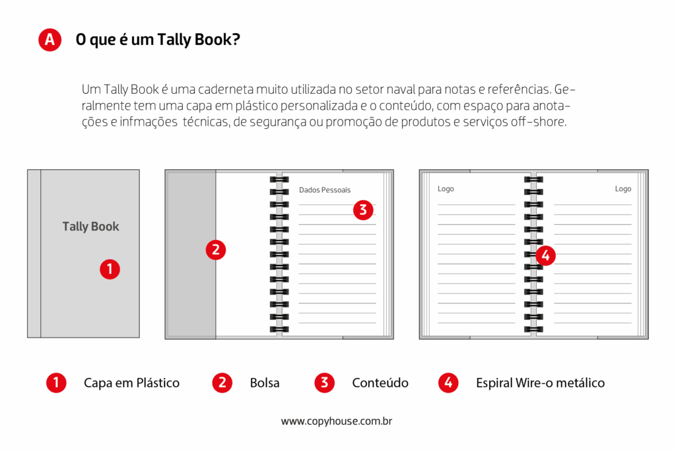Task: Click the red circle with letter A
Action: pyautogui.click(x=50, y=40)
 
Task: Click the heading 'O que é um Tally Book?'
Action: pyautogui.click(x=158, y=40)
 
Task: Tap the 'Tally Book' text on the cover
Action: pyautogui.click(x=90, y=227)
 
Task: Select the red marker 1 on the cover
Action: pyautogui.click(x=110, y=269)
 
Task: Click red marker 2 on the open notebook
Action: pyautogui.click(x=216, y=250)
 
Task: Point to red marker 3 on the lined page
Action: pyautogui.click(x=363, y=210)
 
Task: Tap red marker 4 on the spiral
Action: pyautogui.click(x=545, y=256)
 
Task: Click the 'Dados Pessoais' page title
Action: pyautogui.click(x=325, y=190)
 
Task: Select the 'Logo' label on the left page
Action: pyautogui.click(x=446, y=189)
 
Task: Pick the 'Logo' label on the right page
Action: pyautogui.click(x=623, y=189)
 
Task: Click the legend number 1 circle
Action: pyautogui.click(x=56, y=383)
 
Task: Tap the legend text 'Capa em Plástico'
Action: pyautogui.click(x=131, y=383)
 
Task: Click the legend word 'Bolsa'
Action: pyautogui.click(x=265, y=383)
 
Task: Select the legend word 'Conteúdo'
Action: pyautogui.click(x=380, y=383)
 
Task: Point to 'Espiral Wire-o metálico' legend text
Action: pyautogui.click(x=540, y=383)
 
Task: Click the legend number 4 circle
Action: pyautogui.click(x=448, y=383)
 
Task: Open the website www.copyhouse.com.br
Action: pyautogui.click(x=337, y=421)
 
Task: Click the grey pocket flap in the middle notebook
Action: pyautogui.click(x=191, y=254)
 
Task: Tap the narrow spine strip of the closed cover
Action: pyautogui.click(x=34, y=254)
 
